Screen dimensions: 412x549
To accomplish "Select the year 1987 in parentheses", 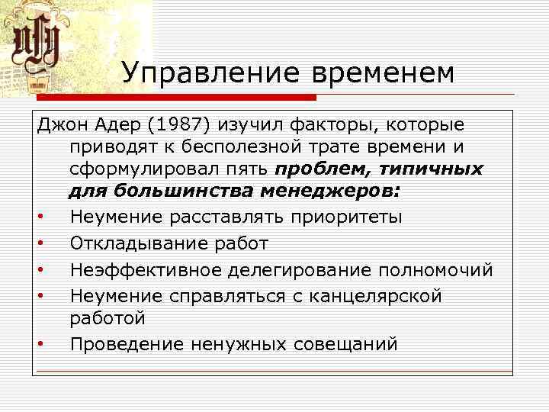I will click(x=181, y=124).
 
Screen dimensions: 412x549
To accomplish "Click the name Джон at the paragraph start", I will click(x=61, y=124).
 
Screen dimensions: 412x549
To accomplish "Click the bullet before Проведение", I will click(x=39, y=345).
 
